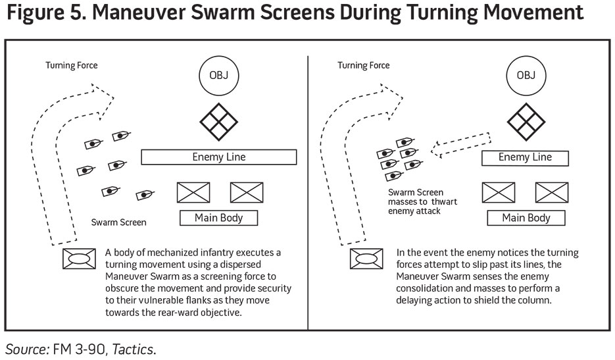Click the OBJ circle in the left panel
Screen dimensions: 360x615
[x=218, y=75]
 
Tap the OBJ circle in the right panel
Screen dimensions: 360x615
[x=526, y=75]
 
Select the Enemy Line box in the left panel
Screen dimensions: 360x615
[x=219, y=157]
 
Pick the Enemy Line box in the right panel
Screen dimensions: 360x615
[x=526, y=158]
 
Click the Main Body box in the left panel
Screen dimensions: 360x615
[x=219, y=218]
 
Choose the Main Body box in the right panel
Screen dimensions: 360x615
[x=526, y=218]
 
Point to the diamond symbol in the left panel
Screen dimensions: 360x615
[x=218, y=122]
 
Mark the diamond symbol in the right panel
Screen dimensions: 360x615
[x=526, y=122]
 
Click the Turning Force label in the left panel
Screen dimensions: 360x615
[x=72, y=66]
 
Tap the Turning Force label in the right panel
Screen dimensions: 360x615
[x=364, y=66]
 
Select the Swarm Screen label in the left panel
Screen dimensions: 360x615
[x=119, y=222]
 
